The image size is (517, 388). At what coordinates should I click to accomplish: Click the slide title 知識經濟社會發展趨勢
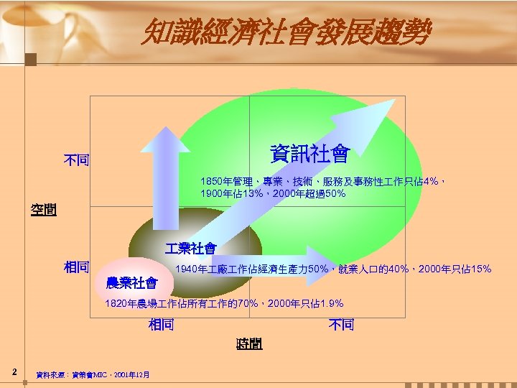pyautogui.click(x=287, y=32)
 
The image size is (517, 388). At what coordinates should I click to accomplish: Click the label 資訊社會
pyautogui.click(x=309, y=154)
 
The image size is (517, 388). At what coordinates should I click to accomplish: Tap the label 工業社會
pyautogui.click(x=190, y=249)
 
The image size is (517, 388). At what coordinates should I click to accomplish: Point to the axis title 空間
pyautogui.click(x=43, y=211)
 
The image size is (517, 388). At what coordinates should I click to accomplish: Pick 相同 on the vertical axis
pyautogui.click(x=76, y=267)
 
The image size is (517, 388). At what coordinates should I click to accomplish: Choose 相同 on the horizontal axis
pyautogui.click(x=162, y=325)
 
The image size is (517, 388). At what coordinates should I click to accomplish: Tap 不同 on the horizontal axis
pyautogui.click(x=341, y=325)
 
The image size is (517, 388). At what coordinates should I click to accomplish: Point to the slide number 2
pyautogui.click(x=14, y=371)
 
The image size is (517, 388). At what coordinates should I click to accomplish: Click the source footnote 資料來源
pyautogui.click(x=93, y=374)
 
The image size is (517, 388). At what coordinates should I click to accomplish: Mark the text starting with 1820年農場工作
pyautogui.click(x=223, y=304)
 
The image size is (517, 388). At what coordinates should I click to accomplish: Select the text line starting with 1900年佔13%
pyautogui.click(x=273, y=194)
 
